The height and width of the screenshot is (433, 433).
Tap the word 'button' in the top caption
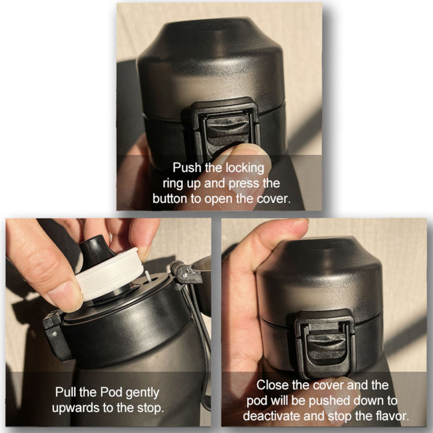click(x=170, y=198)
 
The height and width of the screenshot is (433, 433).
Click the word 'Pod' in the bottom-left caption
click(x=111, y=392)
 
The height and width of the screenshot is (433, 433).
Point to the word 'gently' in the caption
click(x=143, y=393)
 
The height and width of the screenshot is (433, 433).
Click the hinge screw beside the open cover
click(x=186, y=275)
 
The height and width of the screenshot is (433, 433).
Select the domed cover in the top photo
click(x=211, y=66)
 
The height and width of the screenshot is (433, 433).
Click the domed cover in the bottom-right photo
click(x=320, y=279)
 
